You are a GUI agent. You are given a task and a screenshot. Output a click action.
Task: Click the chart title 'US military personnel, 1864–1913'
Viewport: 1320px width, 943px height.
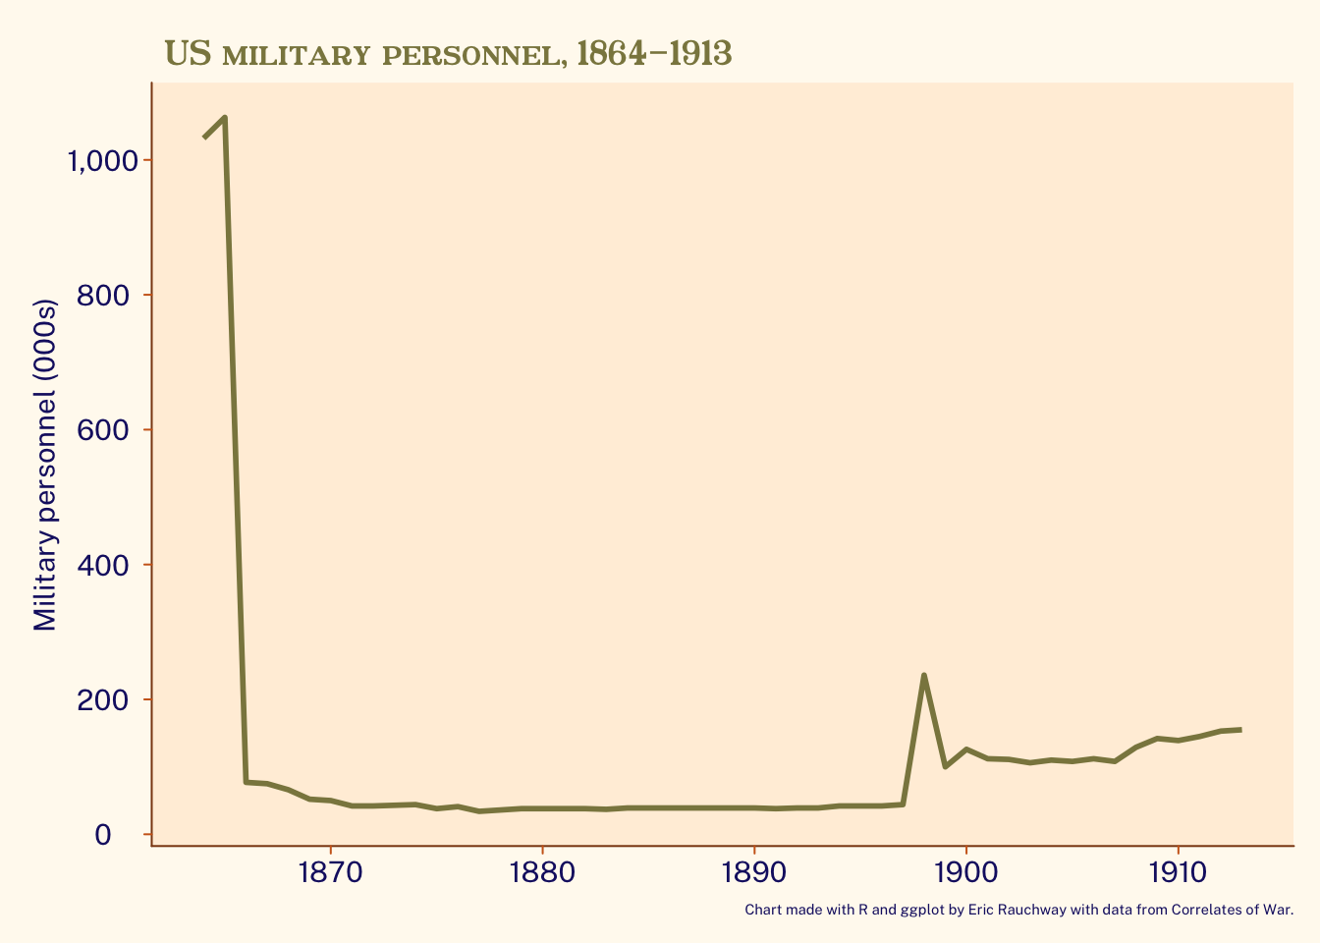pos(448,53)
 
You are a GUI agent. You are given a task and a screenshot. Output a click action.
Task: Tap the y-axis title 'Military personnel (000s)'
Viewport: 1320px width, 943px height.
pos(45,465)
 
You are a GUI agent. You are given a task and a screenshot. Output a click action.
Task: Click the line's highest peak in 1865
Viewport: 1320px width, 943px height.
pos(225,118)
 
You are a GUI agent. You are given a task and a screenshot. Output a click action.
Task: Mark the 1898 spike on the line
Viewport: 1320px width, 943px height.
pos(924,675)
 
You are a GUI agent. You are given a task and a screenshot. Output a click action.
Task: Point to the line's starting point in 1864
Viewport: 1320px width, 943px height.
pos(204,138)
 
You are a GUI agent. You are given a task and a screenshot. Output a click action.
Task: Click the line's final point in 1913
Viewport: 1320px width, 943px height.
pos(1240,730)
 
